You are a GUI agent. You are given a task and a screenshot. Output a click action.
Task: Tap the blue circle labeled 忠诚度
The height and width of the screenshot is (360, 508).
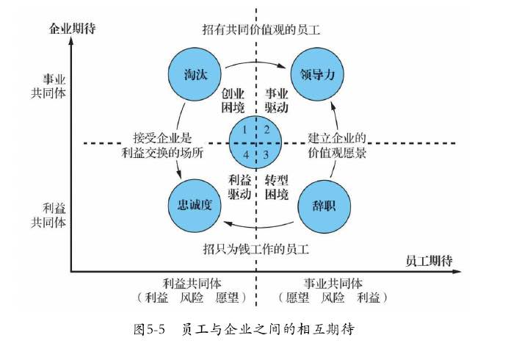[x=194, y=204]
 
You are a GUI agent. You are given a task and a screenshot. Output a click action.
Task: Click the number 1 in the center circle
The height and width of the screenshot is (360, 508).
[x=246, y=130]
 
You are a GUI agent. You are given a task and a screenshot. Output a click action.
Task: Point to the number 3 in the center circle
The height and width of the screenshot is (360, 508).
[x=266, y=154]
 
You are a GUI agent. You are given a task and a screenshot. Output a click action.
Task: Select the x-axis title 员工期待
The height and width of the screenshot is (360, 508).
[x=429, y=261]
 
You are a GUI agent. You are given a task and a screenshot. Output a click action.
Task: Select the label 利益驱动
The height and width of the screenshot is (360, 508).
[x=239, y=187]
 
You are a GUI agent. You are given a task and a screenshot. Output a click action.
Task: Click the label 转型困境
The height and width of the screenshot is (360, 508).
[x=277, y=187]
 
